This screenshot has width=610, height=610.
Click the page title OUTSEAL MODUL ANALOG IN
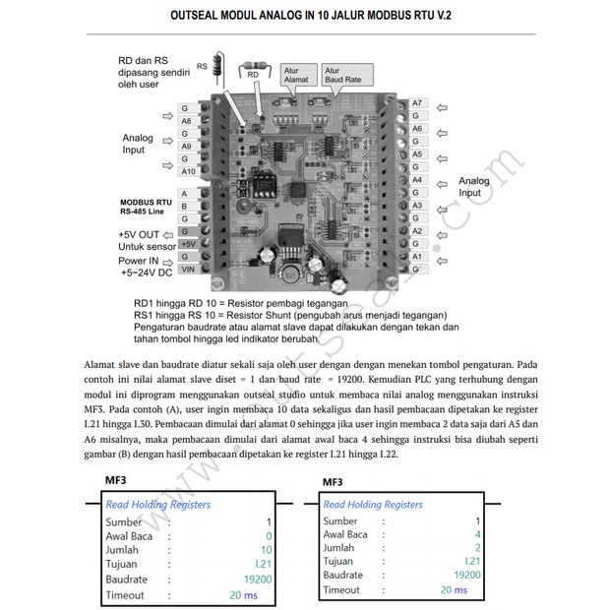(x=305, y=17)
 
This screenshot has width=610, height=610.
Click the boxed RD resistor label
(x=253, y=74)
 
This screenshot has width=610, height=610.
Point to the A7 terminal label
(x=417, y=103)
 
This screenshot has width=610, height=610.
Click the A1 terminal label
(x=417, y=256)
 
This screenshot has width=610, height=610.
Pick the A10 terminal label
(x=186, y=171)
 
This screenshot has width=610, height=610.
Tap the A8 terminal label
(x=186, y=121)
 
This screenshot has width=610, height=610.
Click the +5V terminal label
(x=188, y=243)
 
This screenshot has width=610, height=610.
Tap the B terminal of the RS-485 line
(x=184, y=207)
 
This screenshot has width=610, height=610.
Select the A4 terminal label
(x=417, y=180)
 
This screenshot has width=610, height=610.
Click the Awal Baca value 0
(x=269, y=536)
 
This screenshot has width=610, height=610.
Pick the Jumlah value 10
(x=266, y=550)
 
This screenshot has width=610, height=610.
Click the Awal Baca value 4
(x=478, y=535)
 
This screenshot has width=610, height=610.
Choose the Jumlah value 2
(x=478, y=548)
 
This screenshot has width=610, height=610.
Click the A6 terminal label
(x=417, y=129)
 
